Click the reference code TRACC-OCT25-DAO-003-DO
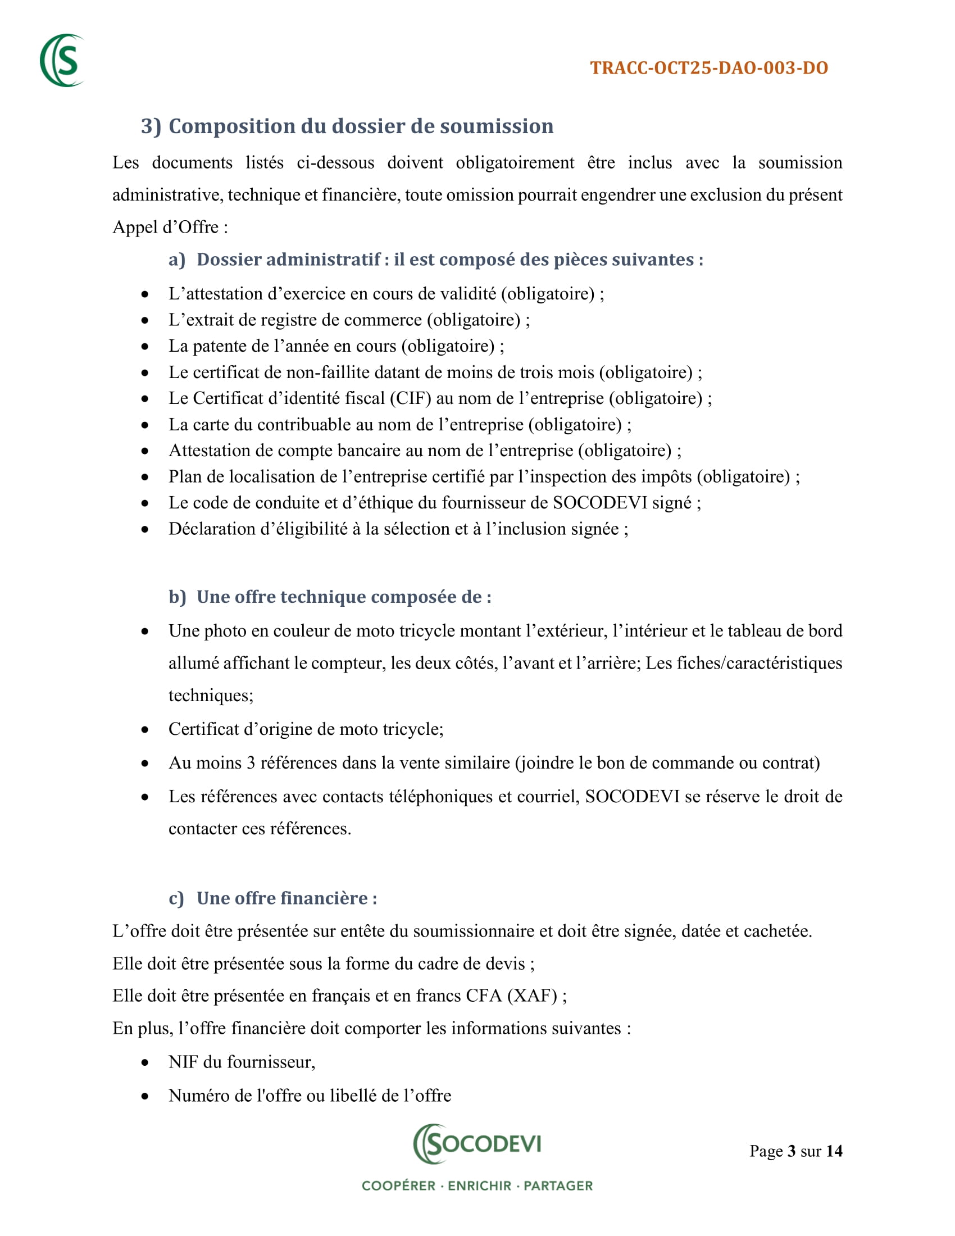pos(709,68)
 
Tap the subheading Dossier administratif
pos(288,259)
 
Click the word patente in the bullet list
pos(225,346)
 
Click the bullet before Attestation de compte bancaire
pos(145,451)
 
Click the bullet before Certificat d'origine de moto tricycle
pos(145,730)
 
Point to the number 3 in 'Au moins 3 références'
pos(251,763)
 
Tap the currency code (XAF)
pos(533,996)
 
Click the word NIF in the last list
pos(183,1062)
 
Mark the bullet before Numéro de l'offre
pos(145,1097)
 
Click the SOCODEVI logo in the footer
pos(477,1144)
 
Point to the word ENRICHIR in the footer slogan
pos(480,1185)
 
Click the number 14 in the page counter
pos(834,1151)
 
